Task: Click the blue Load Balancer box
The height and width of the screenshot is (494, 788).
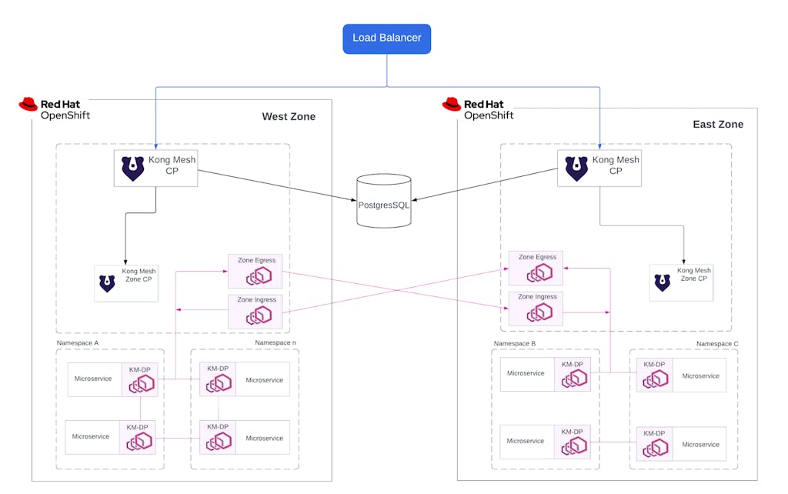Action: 386,38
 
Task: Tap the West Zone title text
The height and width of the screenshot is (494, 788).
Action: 289,117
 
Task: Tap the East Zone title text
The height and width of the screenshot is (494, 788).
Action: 718,125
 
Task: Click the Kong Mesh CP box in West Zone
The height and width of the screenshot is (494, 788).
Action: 155,168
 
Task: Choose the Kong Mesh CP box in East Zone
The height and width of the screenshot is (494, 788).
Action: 599,168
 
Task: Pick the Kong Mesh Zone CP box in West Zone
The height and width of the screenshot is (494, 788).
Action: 126,282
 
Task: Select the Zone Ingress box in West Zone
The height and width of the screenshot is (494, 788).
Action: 255,311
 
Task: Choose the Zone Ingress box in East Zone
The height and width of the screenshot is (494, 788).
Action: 536,308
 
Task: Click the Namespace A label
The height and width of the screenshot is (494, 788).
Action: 78,342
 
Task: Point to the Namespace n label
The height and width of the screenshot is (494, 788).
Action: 274,342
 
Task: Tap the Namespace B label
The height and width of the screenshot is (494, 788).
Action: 515,343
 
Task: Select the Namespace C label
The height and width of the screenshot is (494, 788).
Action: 717,344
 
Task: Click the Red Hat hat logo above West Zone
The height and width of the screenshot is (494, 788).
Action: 28,104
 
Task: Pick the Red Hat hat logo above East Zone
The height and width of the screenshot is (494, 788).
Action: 452,104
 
